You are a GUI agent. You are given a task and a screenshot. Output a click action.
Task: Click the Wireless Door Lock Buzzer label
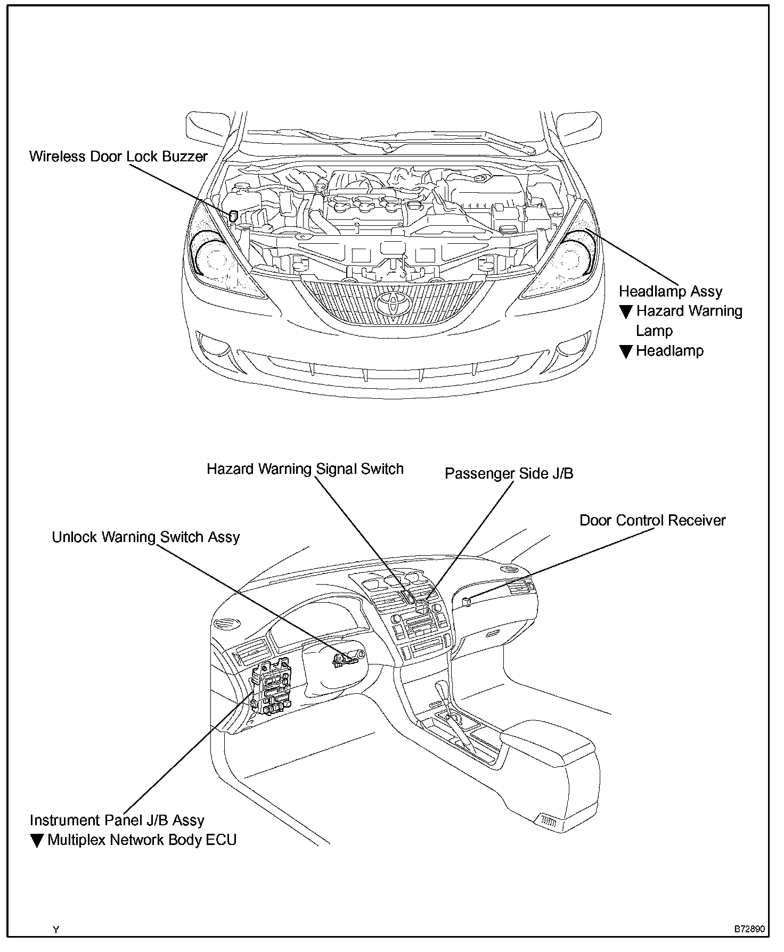point(118,157)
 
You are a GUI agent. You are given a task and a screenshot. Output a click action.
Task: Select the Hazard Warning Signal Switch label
point(305,469)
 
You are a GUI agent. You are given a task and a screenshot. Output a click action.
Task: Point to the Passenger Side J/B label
point(509,473)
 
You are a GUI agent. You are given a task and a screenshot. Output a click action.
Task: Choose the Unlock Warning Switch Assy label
point(145,537)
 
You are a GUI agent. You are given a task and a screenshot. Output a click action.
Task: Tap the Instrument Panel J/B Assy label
point(117,820)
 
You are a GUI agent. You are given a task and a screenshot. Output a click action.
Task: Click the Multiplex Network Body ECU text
point(142,840)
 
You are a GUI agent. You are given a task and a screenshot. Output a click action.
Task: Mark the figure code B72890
point(749,929)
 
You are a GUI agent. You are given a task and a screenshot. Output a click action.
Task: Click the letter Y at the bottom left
point(56,930)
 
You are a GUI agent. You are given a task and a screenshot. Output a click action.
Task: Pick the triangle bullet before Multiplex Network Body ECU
point(36,841)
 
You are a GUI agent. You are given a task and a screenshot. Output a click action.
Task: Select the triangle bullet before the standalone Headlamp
point(626,351)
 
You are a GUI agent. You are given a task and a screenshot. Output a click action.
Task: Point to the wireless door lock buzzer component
point(233,216)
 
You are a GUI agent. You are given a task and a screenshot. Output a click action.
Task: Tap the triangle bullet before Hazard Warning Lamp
point(626,311)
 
